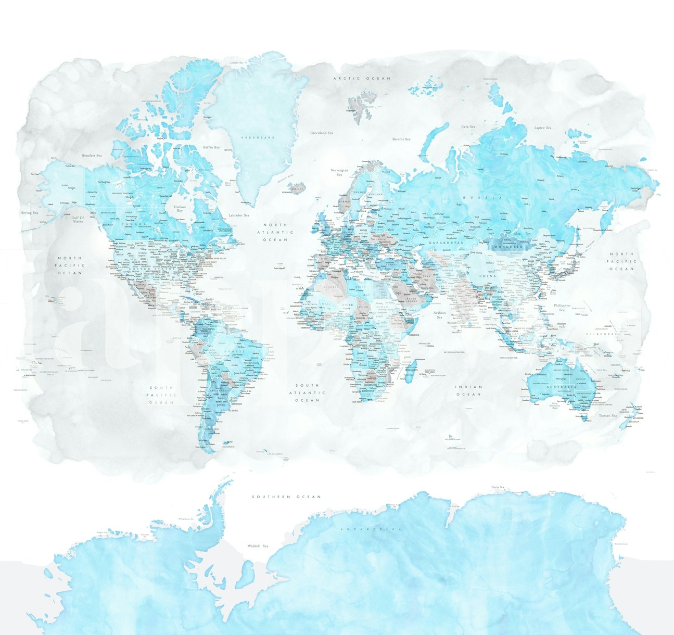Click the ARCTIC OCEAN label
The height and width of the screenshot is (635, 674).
[x=362, y=78]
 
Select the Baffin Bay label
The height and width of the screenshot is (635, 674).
[x=211, y=148]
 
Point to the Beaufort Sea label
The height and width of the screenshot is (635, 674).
[x=92, y=155]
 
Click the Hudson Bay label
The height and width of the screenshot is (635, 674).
[x=180, y=208]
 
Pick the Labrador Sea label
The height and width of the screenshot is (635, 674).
[x=238, y=215]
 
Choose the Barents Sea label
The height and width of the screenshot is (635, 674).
[x=401, y=139]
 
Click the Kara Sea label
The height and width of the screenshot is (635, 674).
[x=468, y=126]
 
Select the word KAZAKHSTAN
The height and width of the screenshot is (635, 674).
[x=446, y=243]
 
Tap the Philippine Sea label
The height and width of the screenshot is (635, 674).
[x=563, y=307]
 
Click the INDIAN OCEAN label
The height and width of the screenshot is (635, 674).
[x=469, y=390]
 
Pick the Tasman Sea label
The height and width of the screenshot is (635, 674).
[x=607, y=415]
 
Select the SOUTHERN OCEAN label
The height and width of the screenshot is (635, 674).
[x=286, y=497]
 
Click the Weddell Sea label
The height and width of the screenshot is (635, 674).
[x=258, y=546]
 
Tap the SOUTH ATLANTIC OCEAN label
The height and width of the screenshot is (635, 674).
[x=307, y=392]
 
